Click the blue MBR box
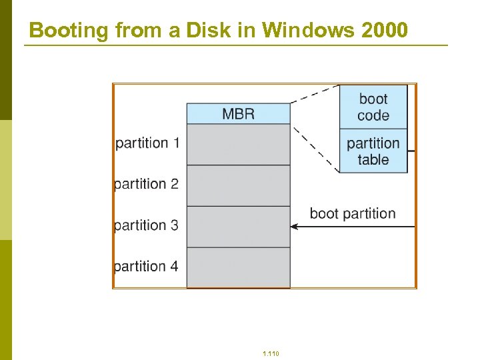[238, 113]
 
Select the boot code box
[373, 107]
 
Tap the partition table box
[373, 151]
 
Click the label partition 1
[147, 143]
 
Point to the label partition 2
[147, 184]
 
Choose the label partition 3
[147, 225]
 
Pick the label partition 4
[147, 267]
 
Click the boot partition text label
[353, 213]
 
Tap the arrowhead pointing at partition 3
[295, 227]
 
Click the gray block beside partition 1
[238, 144]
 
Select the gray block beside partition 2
[238, 185]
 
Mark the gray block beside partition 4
[238, 267]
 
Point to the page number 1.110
[271, 353]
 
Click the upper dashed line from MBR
[315, 94]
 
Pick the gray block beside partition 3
[238, 227]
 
